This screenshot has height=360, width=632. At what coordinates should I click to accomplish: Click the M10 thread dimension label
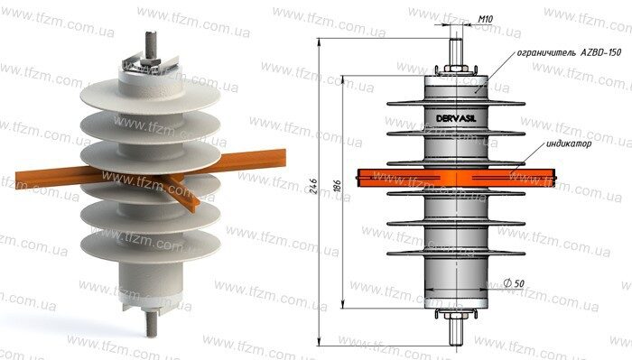click(486, 19)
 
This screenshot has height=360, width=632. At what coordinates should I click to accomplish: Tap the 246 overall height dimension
click(313, 187)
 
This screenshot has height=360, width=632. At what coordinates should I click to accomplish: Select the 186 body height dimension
click(338, 186)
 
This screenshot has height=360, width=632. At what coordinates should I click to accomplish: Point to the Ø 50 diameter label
click(514, 283)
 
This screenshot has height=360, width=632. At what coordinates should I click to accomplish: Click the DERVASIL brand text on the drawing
click(456, 118)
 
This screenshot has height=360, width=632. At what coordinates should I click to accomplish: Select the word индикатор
click(569, 143)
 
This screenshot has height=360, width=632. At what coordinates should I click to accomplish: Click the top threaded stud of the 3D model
click(151, 44)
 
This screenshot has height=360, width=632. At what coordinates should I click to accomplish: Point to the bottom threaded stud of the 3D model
click(151, 323)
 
